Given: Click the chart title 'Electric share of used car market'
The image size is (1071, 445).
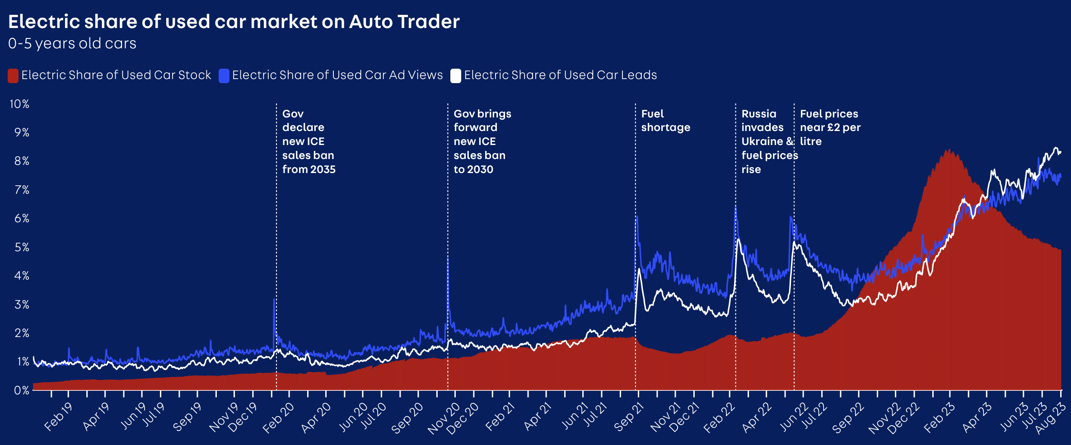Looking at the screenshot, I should coord(234,22).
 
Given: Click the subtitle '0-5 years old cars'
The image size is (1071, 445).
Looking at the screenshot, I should coord(72,43).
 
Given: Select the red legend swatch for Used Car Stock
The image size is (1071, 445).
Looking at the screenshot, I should coord(13,75).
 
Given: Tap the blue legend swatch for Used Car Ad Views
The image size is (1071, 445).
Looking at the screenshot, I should coord(224,75).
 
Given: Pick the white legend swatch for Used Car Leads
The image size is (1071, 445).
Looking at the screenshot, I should coord(456,75).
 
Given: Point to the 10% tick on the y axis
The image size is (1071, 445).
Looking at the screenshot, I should coord(19,104).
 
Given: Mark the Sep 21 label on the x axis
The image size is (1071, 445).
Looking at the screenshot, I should coord(628,417).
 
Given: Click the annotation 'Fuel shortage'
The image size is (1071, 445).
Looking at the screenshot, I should coord(665,121).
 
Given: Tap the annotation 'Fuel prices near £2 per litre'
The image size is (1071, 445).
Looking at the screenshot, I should coord(830,127).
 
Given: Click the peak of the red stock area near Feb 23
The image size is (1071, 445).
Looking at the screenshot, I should coord(949,150).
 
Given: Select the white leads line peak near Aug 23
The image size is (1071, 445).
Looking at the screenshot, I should coord(1056,148).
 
